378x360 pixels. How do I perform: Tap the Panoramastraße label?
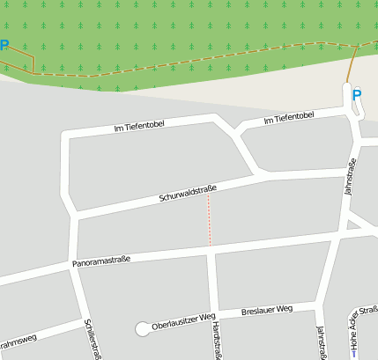click(100, 261)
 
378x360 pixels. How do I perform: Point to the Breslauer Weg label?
click(266, 311)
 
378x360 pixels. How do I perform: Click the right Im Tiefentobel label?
click(288, 116)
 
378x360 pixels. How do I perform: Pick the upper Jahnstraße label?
click(348, 175)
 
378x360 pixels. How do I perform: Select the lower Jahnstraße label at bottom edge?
click(320, 343)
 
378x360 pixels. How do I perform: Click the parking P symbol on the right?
click(356, 95)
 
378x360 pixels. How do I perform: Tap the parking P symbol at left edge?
click(4, 46)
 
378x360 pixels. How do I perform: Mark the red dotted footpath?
click(209, 220)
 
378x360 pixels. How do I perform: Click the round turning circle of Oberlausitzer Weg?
click(142, 328)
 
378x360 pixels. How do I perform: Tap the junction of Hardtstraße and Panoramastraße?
click(211, 252)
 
